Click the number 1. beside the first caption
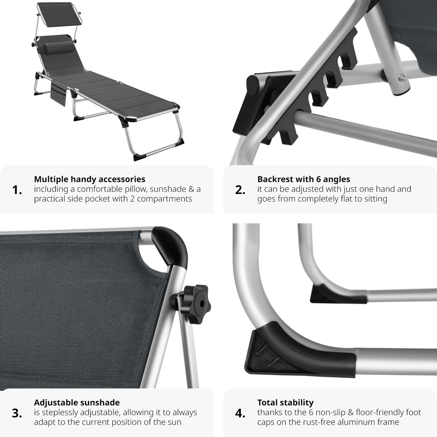17,190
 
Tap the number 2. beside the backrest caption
240,190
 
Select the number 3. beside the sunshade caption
17,413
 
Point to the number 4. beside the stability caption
240,413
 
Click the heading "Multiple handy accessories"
90,179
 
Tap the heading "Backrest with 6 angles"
304,179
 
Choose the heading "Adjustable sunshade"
77,402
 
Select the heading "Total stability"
285,402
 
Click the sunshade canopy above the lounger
58,14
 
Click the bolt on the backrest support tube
402,78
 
